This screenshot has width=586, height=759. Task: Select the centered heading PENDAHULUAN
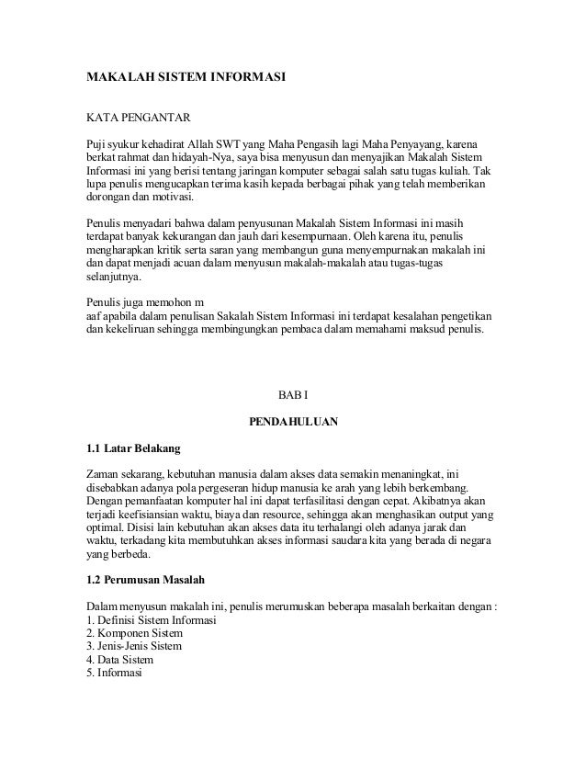pos(293,423)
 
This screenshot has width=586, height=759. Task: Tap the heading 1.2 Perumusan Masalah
pos(145,582)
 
